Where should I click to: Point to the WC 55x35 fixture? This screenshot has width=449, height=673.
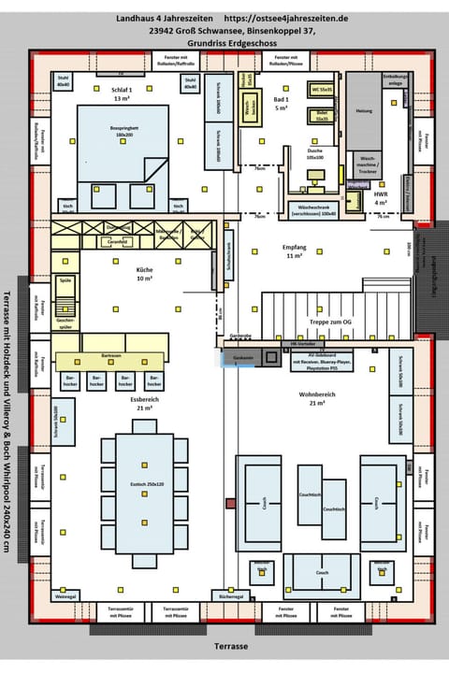tap(323, 89)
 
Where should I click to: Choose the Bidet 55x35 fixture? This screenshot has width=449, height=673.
tap(323, 116)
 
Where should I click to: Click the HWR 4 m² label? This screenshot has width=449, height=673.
tap(381, 199)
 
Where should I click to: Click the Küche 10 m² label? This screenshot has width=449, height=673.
tap(144, 274)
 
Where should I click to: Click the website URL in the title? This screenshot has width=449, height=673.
tap(285, 18)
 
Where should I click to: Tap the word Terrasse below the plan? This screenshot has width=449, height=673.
tap(229, 646)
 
